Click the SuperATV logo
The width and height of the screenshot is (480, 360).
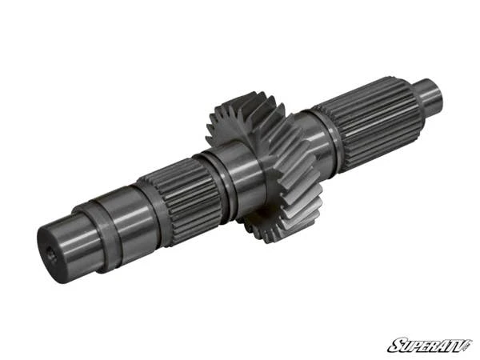click(429, 345)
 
